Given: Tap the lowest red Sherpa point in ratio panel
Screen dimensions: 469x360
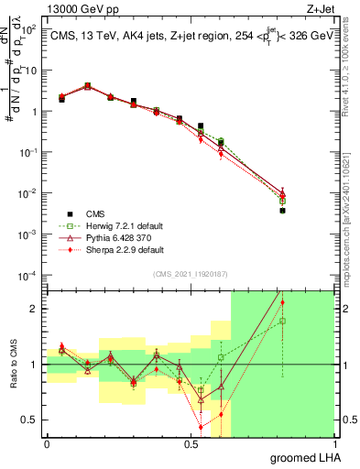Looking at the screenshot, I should (x=201, y=427).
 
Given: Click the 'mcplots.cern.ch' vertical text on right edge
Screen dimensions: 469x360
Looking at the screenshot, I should (x=352, y=229).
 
